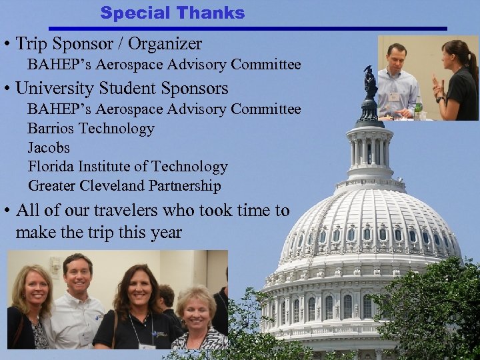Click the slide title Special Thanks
click(x=173, y=13)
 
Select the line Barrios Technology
click(x=91, y=128)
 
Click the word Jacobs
click(x=49, y=147)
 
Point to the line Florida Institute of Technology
click(x=127, y=167)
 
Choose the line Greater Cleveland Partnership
click(x=124, y=186)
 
